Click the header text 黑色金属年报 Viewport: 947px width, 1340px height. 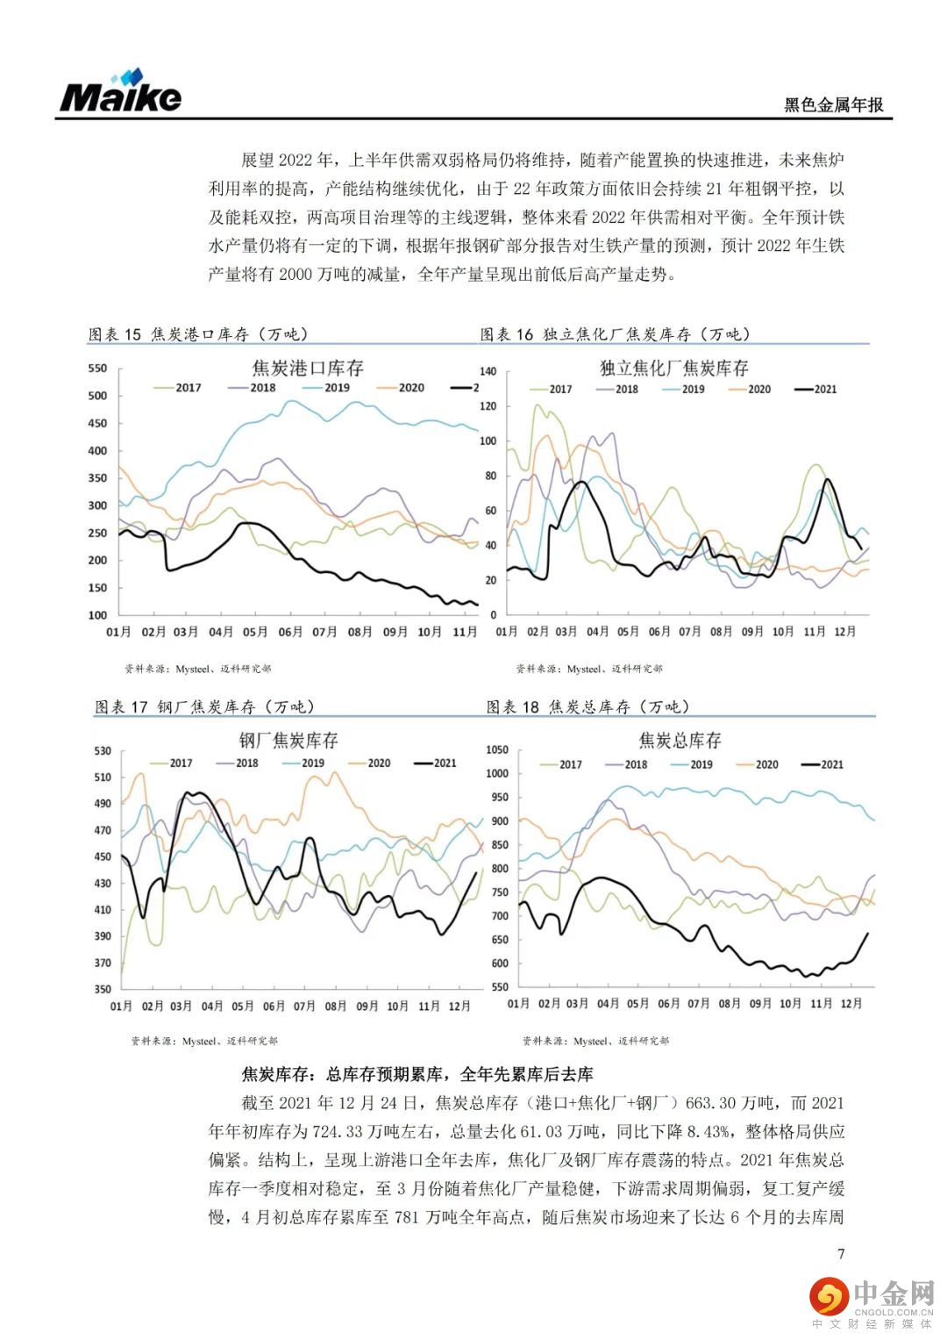(x=833, y=105)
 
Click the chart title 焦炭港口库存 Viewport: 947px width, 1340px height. (x=308, y=368)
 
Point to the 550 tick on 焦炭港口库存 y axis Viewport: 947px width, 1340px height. (x=97, y=369)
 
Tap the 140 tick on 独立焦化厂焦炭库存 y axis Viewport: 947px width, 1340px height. (x=488, y=372)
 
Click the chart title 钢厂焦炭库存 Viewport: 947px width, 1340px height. (x=288, y=740)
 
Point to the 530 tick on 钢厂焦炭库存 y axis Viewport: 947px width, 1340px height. (x=102, y=750)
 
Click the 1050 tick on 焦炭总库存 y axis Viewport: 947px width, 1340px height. (x=496, y=750)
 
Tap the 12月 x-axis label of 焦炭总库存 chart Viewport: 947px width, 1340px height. (x=851, y=1004)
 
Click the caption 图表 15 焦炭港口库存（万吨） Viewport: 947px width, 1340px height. (x=198, y=334)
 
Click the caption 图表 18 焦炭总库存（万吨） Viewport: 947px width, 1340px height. (x=588, y=707)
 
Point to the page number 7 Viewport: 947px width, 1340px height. (x=841, y=1253)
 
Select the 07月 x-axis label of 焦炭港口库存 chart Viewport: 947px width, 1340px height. (x=324, y=632)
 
